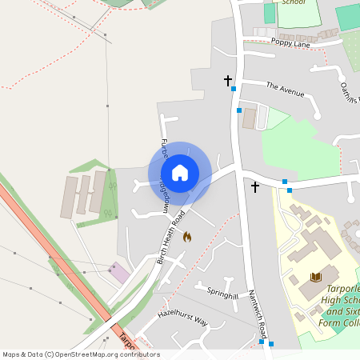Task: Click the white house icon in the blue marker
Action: [180, 173]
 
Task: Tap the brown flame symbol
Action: [187, 237]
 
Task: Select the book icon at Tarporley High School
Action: [315, 277]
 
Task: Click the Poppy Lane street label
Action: [289, 42]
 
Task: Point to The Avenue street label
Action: [286, 89]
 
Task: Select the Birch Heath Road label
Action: [171, 238]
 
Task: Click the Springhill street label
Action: [222, 295]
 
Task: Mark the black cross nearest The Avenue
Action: [228, 80]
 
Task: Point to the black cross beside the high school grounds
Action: [255, 187]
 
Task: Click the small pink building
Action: [119, 272]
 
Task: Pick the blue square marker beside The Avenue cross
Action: [234, 89]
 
